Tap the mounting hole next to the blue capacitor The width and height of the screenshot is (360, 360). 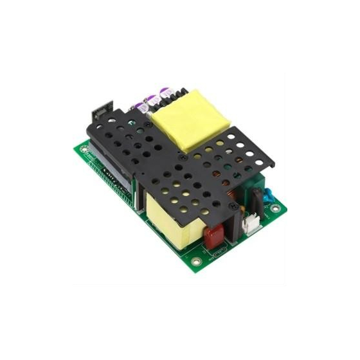pyautogui.click(x=275, y=207)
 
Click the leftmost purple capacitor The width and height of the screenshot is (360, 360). pyautogui.click(x=139, y=104)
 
